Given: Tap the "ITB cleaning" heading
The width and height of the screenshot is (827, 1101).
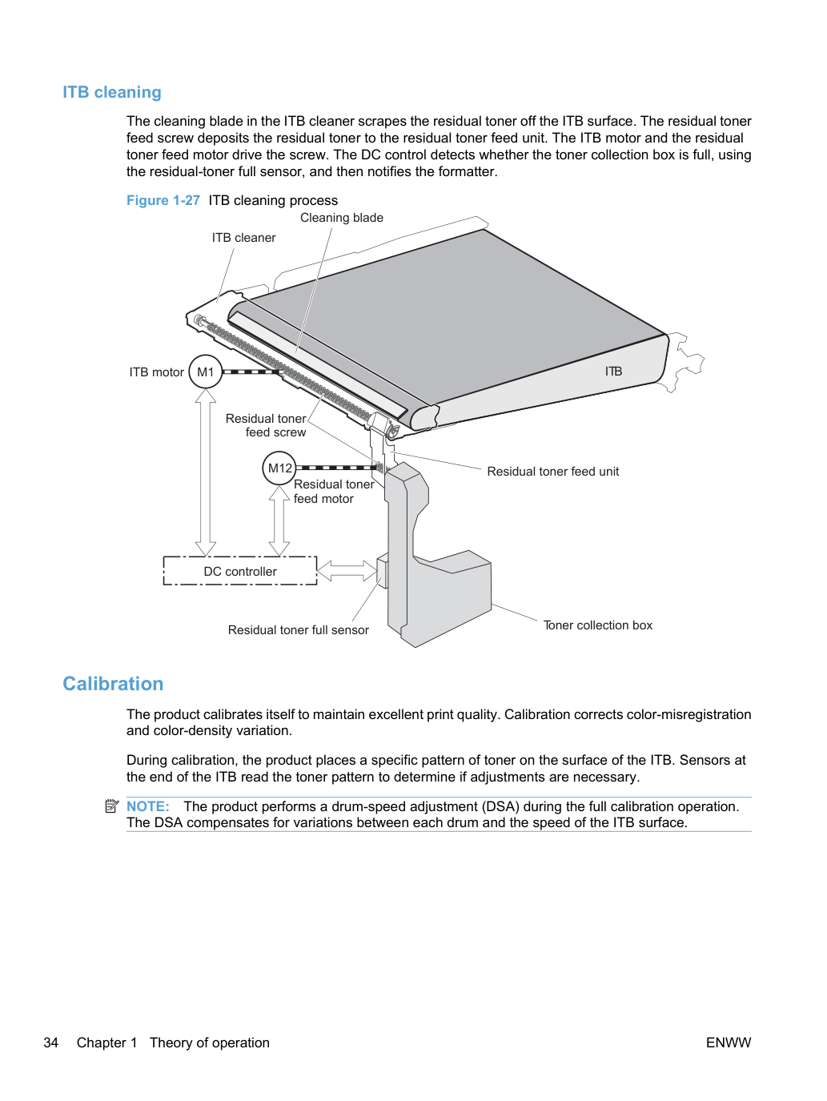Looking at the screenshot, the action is [112, 92].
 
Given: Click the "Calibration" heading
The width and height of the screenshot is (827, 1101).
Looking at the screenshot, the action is [113, 684].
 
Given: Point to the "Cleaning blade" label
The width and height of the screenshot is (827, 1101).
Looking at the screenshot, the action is [342, 218].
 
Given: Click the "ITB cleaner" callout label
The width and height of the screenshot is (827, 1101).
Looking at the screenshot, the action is [243, 238].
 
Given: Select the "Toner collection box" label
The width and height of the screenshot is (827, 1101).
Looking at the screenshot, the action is [598, 625].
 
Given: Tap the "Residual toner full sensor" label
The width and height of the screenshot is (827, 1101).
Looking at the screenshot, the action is [299, 630].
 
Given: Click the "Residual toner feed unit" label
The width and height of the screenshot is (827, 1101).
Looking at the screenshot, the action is [552, 472].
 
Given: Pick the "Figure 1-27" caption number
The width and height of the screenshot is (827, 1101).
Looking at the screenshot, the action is [163, 201].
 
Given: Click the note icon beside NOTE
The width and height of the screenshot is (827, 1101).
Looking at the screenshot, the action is [112, 806].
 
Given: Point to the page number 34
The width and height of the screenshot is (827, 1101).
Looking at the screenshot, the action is [50, 1043].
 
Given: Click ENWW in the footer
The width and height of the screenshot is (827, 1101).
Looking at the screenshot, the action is [729, 1043].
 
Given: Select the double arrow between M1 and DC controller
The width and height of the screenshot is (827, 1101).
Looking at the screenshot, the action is [205, 472].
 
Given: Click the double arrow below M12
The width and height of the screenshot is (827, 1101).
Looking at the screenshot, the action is [279, 520].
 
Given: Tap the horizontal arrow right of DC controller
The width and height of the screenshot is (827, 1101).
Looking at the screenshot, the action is [347, 571].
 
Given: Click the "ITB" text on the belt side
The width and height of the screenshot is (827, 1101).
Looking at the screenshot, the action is [613, 372].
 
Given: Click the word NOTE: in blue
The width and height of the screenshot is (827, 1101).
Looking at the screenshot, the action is [148, 806].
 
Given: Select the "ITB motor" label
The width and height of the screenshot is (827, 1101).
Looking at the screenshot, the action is [156, 372].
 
